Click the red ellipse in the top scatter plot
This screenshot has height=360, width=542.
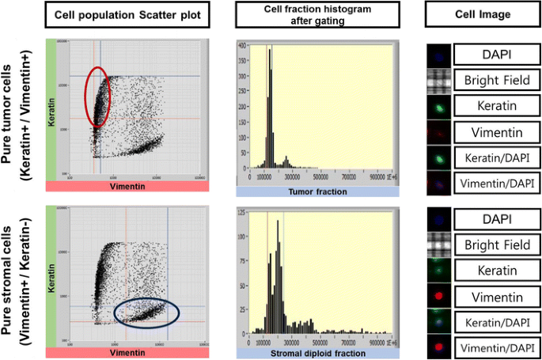(97, 97)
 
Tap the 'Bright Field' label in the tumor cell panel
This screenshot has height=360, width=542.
(499, 80)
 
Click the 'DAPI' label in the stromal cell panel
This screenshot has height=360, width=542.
(499, 219)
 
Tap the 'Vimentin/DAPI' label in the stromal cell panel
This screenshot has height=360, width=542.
(499, 347)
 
